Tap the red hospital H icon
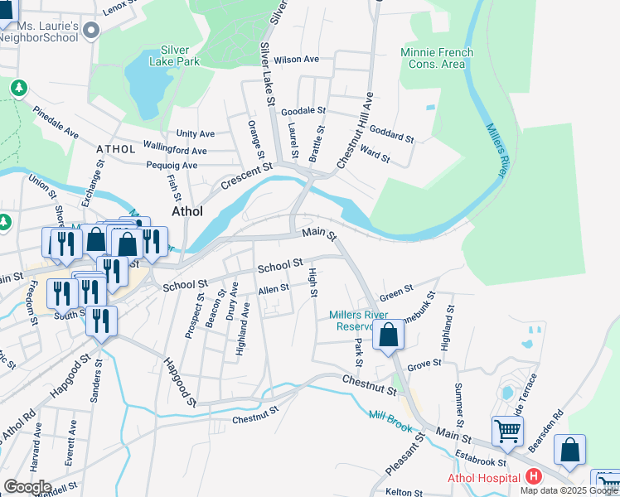coord(533,477)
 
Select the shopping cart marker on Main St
coord(507,430)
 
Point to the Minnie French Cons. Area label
coord(437,58)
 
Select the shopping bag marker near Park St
coord(388,335)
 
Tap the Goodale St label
coord(304,110)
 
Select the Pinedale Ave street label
coord(56,121)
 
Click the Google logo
coord(27,487)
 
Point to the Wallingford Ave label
coord(175,150)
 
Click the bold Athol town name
coord(187,211)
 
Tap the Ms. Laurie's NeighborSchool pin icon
coord(92,31)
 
